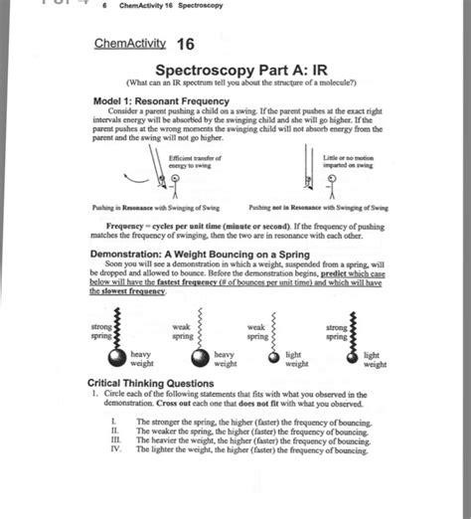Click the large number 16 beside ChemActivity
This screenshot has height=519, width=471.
(185, 45)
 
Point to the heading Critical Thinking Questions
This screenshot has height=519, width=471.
(149, 383)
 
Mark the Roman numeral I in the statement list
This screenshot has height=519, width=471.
(115, 423)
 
